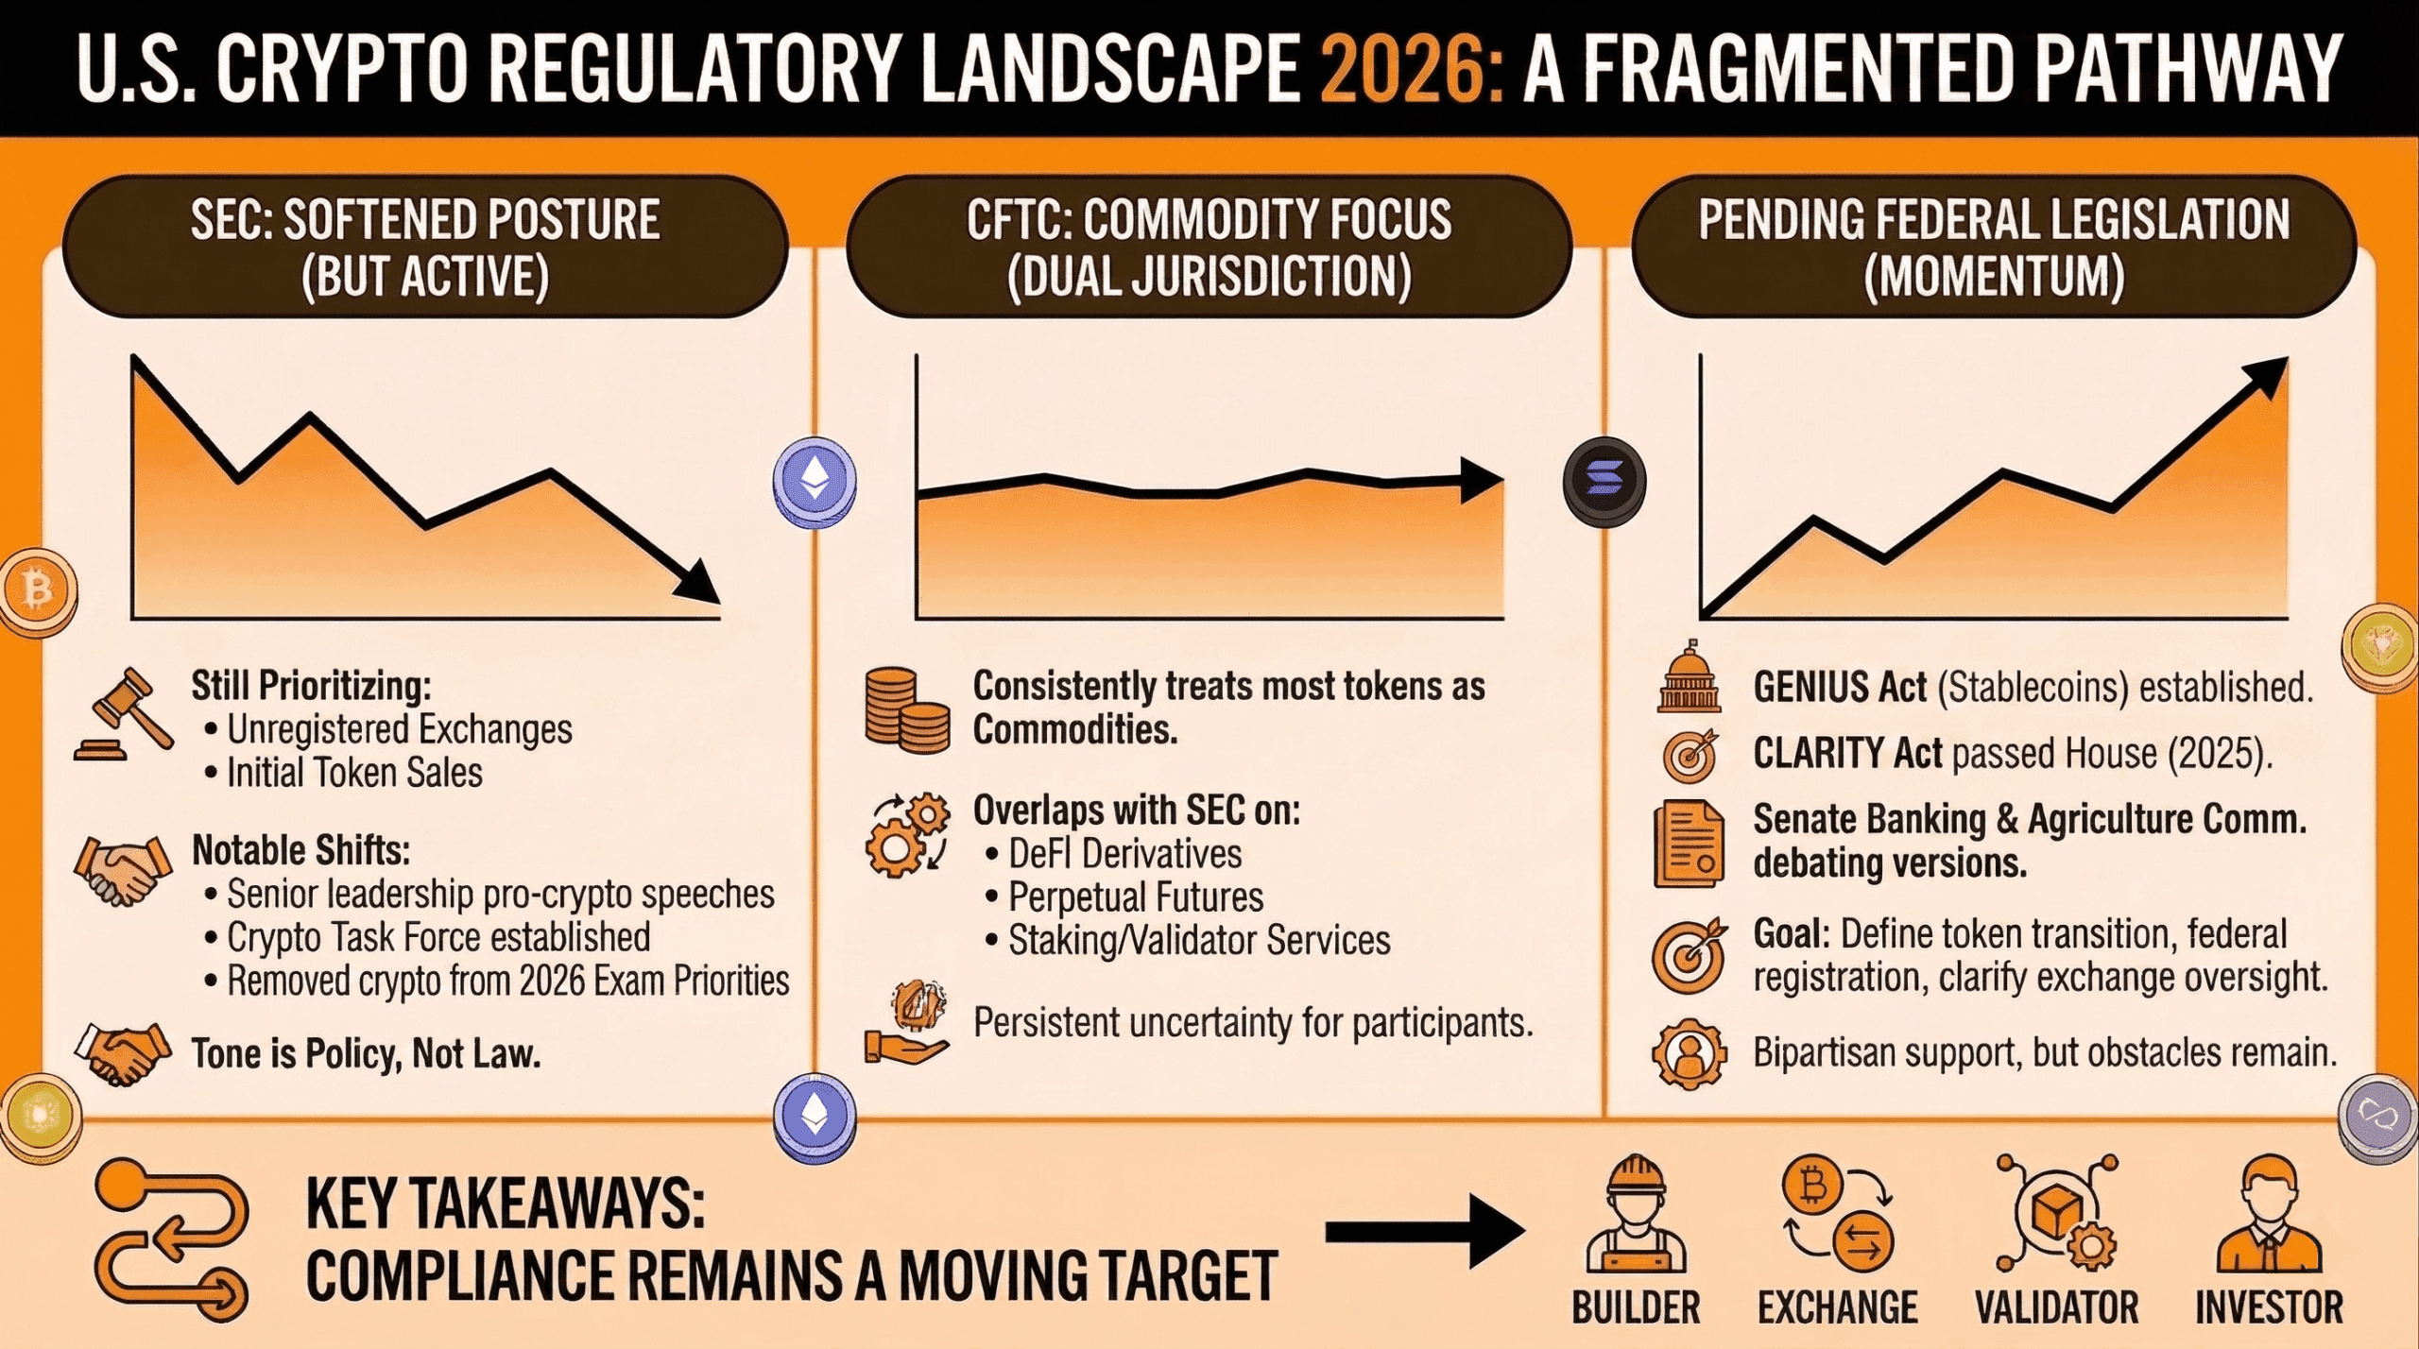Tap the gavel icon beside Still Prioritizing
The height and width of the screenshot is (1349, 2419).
pos(124,713)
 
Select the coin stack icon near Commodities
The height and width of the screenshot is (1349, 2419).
pos(906,709)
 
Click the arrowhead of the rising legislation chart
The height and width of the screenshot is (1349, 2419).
pos(2264,378)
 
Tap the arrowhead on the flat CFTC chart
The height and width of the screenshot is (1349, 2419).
pos(1482,481)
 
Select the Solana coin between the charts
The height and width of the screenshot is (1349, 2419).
pos(1604,480)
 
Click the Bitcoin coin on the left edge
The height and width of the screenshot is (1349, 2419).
pos(38,591)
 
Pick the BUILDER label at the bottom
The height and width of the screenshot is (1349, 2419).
pos(1636,1308)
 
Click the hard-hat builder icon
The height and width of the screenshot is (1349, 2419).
pos(1636,1213)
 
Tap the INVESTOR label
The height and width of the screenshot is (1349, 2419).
pos(2269,1308)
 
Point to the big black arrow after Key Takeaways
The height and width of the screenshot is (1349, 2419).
pos(1425,1232)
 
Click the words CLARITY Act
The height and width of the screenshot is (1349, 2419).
pos(1847,754)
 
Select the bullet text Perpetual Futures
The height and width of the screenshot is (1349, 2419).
pos(1136,897)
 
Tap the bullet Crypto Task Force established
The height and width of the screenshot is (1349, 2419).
pos(438,937)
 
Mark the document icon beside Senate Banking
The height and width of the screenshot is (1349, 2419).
pos(1689,844)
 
